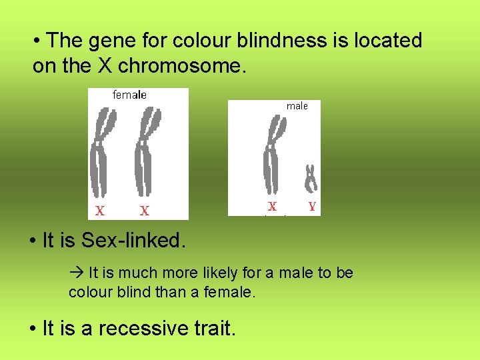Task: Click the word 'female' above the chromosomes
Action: pyautogui.click(x=129, y=95)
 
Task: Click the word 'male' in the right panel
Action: pyautogui.click(x=297, y=105)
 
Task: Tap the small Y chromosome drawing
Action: pyautogui.click(x=311, y=178)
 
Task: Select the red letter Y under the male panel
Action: pyautogui.click(x=312, y=207)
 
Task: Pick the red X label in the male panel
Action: pyautogui.click(x=272, y=207)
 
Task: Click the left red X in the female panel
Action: pyautogui.click(x=99, y=211)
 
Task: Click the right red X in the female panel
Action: pyautogui.click(x=144, y=211)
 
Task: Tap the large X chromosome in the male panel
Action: pyautogui.click(x=271, y=157)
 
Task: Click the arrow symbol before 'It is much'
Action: pyautogui.click(x=75, y=273)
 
